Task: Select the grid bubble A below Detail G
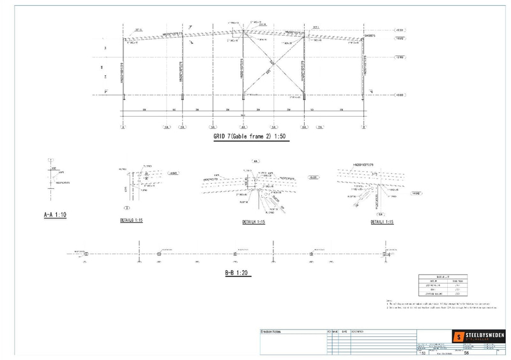126,207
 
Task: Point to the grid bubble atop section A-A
50,160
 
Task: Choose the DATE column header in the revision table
346,331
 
